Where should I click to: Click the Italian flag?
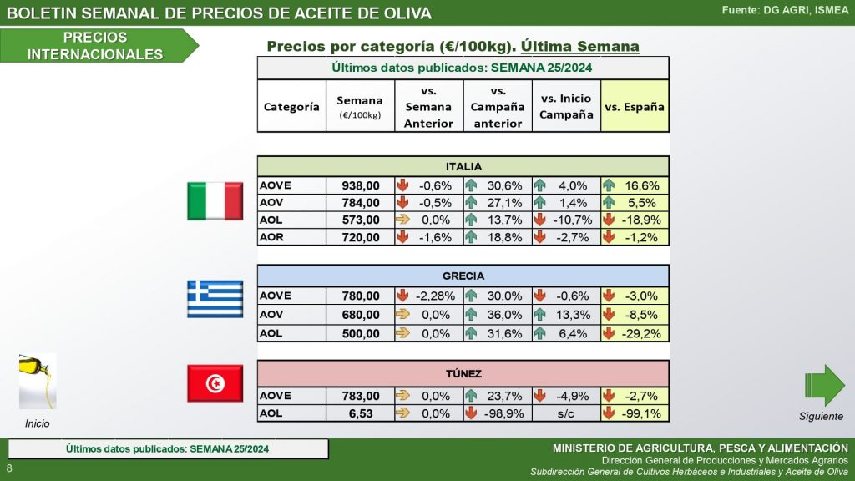(215, 201)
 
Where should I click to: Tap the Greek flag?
(215, 299)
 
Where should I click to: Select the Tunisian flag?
(215, 383)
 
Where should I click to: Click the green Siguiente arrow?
(824, 385)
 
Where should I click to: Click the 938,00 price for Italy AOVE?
(361, 186)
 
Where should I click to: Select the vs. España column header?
(635, 107)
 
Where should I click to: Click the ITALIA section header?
(463, 166)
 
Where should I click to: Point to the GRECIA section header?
(463, 276)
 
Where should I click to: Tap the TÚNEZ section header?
(463, 374)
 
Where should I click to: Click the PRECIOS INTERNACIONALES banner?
(95, 46)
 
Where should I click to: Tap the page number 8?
(9, 467)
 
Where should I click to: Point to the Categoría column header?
(291, 107)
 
